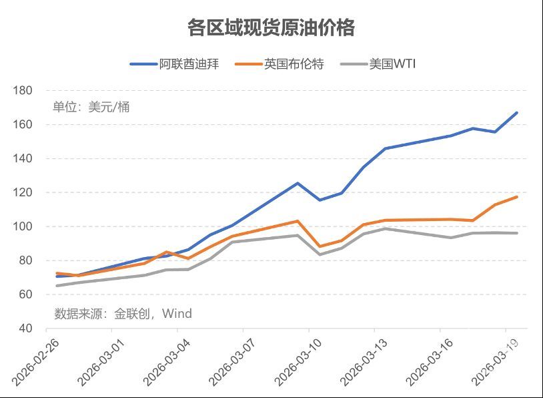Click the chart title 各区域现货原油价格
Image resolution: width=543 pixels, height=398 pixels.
(x=271, y=28)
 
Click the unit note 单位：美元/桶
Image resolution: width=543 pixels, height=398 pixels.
(x=91, y=107)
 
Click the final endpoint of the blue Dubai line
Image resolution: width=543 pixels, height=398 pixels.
(x=517, y=113)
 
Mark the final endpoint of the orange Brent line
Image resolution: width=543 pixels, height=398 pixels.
(x=517, y=197)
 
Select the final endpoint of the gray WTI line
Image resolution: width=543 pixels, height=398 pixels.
(x=517, y=233)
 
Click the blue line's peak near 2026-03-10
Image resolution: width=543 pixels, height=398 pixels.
(x=298, y=183)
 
